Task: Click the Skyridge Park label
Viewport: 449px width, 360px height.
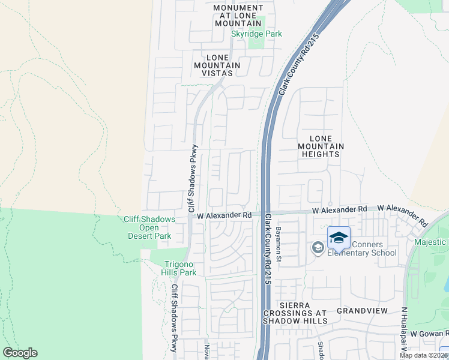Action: point(256,34)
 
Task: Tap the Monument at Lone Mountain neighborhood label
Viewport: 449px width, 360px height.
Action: point(238,15)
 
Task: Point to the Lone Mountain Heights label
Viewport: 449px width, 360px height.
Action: point(321,146)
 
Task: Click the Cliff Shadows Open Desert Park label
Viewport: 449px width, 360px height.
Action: point(149,227)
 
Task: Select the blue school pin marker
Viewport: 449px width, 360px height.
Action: point(339,238)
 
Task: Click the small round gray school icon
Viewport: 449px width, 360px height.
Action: point(317,247)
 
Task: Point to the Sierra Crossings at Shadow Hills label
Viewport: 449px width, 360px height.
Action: point(296,317)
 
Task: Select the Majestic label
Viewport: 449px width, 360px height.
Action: point(431,242)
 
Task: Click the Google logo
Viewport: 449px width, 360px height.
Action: point(20,353)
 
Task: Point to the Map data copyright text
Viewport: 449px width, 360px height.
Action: point(424,355)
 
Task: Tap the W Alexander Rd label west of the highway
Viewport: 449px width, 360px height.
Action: point(223,215)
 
